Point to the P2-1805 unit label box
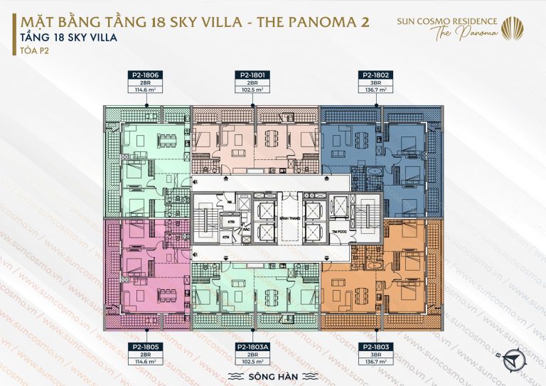click(146, 353)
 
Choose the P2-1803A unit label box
click(253, 353)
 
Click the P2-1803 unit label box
click(375, 353)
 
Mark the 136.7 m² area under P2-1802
click(375, 90)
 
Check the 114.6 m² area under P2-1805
click(146, 361)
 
